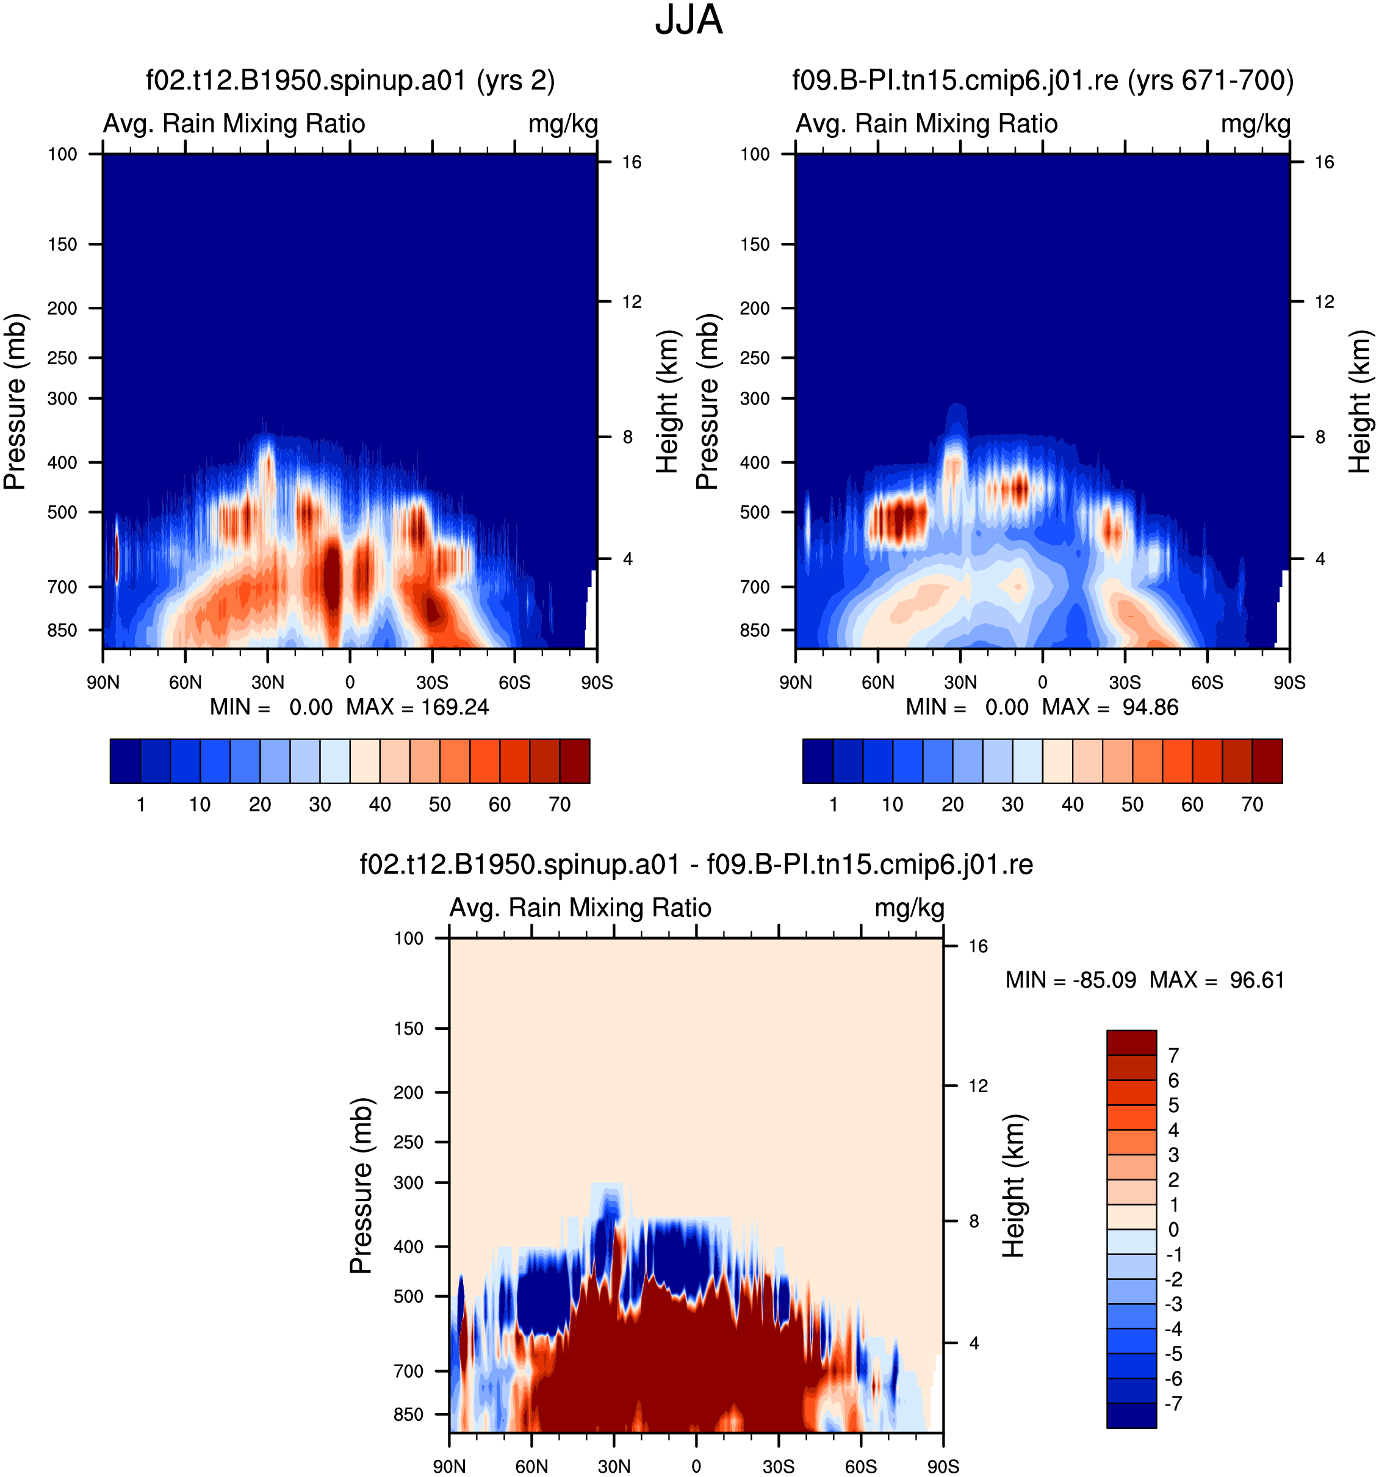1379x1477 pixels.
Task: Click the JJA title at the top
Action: coord(688,21)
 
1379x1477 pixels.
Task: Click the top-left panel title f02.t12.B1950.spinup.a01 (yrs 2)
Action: coord(350,81)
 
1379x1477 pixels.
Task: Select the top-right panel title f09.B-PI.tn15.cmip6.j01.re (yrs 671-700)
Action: coord(1042,81)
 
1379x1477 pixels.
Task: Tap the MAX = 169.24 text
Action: coord(417,706)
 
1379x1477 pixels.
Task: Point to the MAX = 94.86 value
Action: coord(1110,706)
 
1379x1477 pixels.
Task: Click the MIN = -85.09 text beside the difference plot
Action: coord(1071,980)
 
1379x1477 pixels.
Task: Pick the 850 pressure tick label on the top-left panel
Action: coord(62,630)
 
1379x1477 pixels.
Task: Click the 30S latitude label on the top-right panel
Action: coord(1125,682)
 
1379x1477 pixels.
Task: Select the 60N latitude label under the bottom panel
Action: coord(532,1466)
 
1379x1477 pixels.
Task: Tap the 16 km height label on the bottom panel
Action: coord(978,946)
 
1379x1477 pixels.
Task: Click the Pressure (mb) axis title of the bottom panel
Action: coord(361,1186)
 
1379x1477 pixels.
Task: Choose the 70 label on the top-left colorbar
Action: coord(560,805)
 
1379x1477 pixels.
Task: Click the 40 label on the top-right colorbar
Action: coord(1072,805)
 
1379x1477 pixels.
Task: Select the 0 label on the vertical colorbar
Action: coord(1173,1229)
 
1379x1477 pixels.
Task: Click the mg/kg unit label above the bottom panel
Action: coord(909,908)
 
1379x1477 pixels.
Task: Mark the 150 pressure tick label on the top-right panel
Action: coord(755,245)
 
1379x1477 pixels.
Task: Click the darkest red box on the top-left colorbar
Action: coord(575,761)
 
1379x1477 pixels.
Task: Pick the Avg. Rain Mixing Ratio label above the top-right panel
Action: coord(926,123)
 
